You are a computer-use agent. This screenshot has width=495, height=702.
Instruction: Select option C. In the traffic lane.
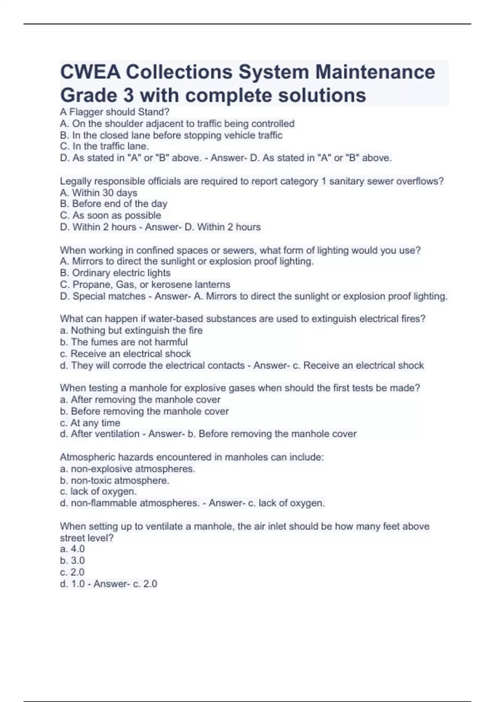coord(104,146)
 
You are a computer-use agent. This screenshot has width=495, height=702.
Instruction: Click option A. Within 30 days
coord(99,192)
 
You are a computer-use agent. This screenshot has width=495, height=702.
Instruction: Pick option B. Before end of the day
coord(113,204)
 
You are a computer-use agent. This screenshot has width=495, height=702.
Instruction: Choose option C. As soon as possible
coord(111,215)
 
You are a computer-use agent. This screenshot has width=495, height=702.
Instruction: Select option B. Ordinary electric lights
coord(115,273)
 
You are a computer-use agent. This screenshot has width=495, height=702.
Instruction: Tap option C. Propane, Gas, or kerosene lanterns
coord(145,285)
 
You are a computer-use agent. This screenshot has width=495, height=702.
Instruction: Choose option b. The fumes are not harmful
coord(124,342)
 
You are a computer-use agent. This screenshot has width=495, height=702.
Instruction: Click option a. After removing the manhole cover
coord(140,399)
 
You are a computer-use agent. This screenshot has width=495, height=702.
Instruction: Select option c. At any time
coord(90,423)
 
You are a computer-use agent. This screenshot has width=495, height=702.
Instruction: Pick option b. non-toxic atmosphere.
coord(115,480)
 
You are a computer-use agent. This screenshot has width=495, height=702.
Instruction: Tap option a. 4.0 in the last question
coord(72,549)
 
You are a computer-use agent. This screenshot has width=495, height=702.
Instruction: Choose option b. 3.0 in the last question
coord(72,560)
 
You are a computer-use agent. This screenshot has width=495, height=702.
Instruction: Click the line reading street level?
coord(87,538)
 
